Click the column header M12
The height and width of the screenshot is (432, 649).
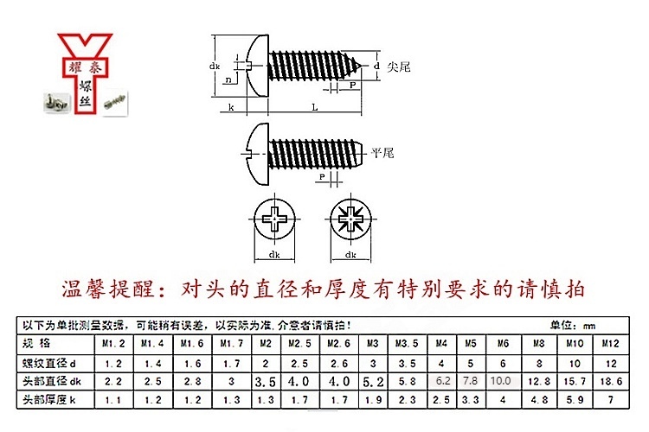tap(609, 344)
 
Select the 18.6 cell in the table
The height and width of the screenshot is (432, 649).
tap(609, 380)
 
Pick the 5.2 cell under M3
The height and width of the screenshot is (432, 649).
tap(373, 380)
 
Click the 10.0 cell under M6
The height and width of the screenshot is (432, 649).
tap(501, 380)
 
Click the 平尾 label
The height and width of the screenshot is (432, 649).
tap(382, 153)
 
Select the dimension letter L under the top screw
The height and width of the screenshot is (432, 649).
tap(313, 106)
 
